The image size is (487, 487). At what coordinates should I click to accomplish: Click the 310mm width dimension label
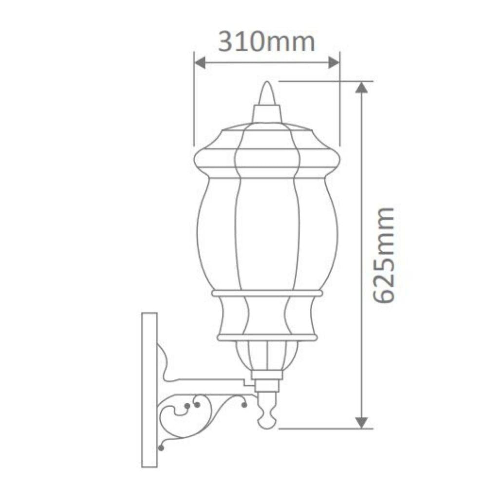(266, 42)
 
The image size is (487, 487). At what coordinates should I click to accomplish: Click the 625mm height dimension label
(386, 255)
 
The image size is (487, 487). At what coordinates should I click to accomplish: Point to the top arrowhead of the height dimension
(361, 88)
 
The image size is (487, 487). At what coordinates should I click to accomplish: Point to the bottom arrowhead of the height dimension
(361, 422)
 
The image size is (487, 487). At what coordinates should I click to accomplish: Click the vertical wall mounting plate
(149, 390)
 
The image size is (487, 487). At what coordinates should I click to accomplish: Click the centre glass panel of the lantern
(267, 234)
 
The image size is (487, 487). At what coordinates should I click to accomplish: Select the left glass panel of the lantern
(217, 234)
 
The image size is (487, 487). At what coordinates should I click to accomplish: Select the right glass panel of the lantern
(318, 234)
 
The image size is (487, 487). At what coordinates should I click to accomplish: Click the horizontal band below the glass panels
(267, 293)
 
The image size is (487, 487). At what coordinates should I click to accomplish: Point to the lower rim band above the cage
(267, 337)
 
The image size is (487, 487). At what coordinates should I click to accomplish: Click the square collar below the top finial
(267, 114)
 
